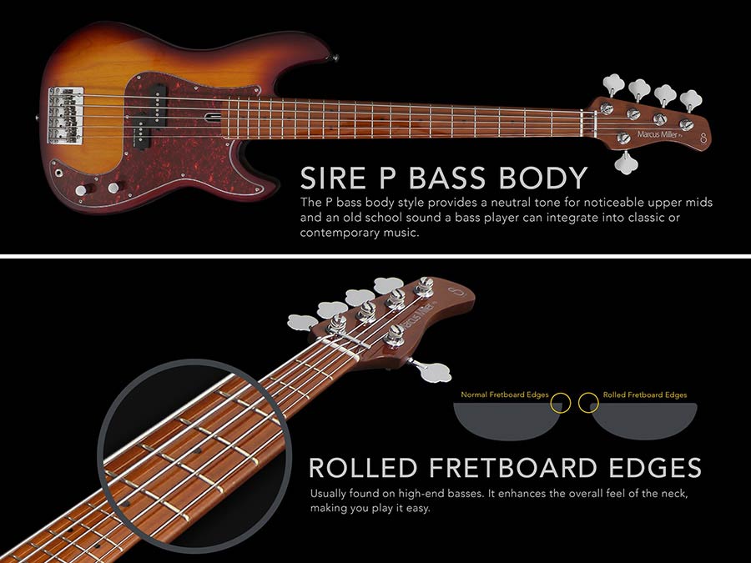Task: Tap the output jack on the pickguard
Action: (x=59, y=173)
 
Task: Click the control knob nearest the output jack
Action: (x=81, y=190)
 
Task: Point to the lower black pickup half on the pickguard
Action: (x=145, y=129)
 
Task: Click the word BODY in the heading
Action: (x=547, y=178)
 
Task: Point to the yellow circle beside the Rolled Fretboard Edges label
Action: (x=587, y=402)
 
